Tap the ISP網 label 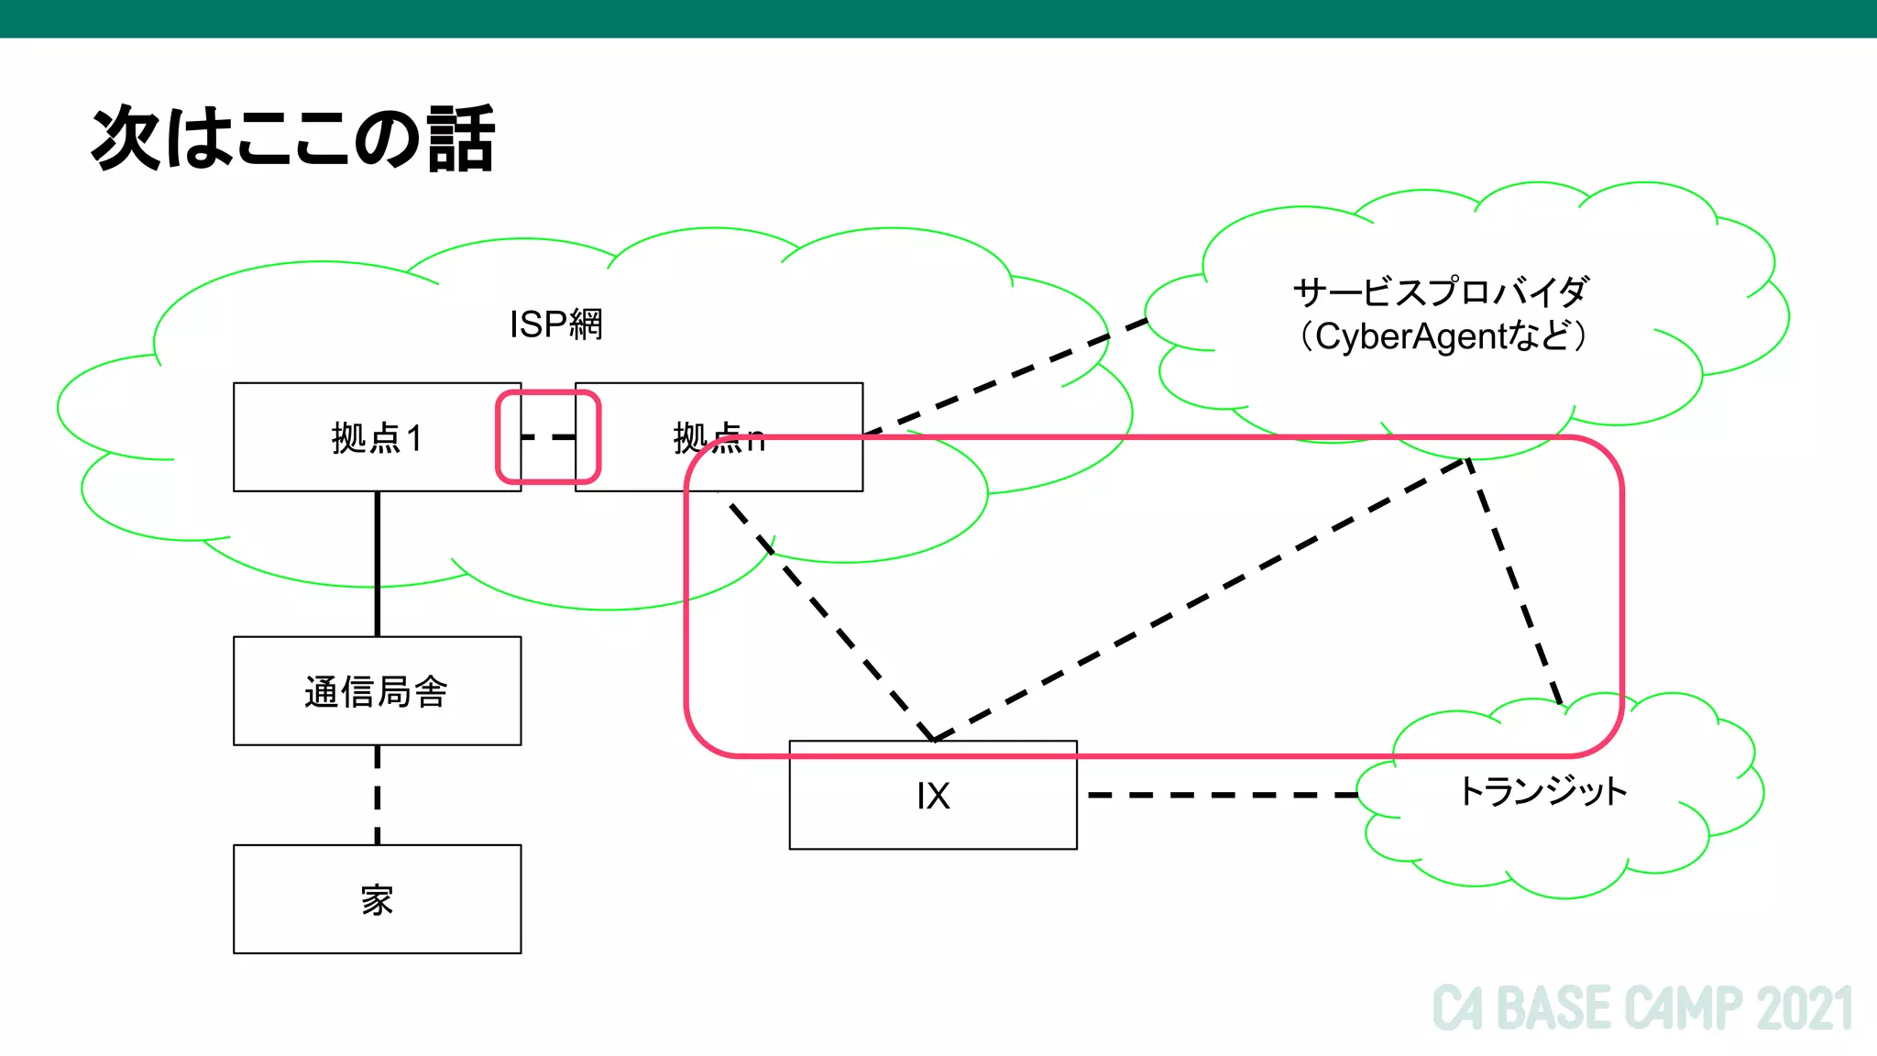pyautogui.click(x=555, y=324)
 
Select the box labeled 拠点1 pyautogui.click(x=367, y=438)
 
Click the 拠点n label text pyautogui.click(x=718, y=438)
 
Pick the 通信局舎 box pyautogui.click(x=377, y=691)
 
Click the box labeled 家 pyautogui.click(x=377, y=899)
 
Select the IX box pyautogui.click(x=933, y=796)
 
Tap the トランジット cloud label pyautogui.click(x=1542, y=791)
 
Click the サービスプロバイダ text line pyautogui.click(x=1441, y=292)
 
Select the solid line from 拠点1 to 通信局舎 pyautogui.click(x=377, y=564)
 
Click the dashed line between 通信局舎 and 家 pyautogui.click(x=377, y=795)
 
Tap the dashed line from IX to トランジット pyautogui.click(x=1219, y=795)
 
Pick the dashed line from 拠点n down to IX pyautogui.click(x=829, y=620)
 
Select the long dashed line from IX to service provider pyautogui.click(x=1201, y=598)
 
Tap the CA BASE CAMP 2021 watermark pyautogui.click(x=1641, y=1008)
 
